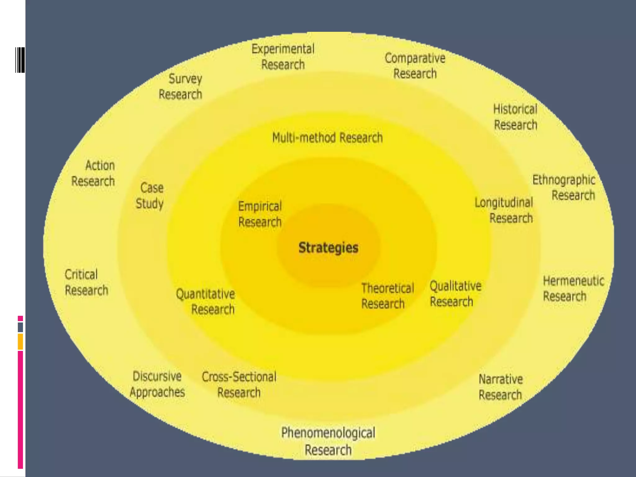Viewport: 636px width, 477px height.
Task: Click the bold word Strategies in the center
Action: pyautogui.click(x=328, y=248)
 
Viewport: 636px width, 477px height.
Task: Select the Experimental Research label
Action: pyautogui.click(x=283, y=57)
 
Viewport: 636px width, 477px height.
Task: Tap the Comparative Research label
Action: pyautogui.click(x=415, y=66)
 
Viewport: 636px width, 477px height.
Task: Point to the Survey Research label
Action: pyautogui.click(x=181, y=87)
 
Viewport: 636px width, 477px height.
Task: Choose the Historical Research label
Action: pyautogui.click(x=515, y=117)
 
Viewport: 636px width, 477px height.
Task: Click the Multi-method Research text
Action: pyautogui.click(x=327, y=138)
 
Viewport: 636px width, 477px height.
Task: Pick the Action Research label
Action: pyautogui.click(x=93, y=173)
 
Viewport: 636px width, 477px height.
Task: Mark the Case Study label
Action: pyautogui.click(x=150, y=196)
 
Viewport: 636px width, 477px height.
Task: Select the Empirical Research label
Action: pyautogui.click(x=260, y=214)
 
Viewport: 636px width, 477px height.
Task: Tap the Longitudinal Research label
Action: pyautogui.click(x=504, y=210)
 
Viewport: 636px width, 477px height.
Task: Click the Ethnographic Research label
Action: pyautogui.click(x=564, y=188)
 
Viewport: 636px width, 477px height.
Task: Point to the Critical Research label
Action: pyautogui.click(x=86, y=282)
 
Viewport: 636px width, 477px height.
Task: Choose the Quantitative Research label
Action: pyautogui.click(x=206, y=302)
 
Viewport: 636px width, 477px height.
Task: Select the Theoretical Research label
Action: pyautogui.click(x=387, y=296)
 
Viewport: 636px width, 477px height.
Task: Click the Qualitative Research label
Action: pyautogui.click(x=455, y=294)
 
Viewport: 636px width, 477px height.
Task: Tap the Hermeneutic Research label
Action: pyautogui.click(x=573, y=288)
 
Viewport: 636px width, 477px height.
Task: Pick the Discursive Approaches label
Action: pyautogui.click(x=157, y=384)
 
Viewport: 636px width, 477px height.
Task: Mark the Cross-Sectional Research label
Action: pyautogui.click(x=239, y=384)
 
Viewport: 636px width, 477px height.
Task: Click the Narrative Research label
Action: pyautogui.click(x=501, y=387)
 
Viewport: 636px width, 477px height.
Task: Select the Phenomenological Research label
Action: pyautogui.click(x=328, y=441)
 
